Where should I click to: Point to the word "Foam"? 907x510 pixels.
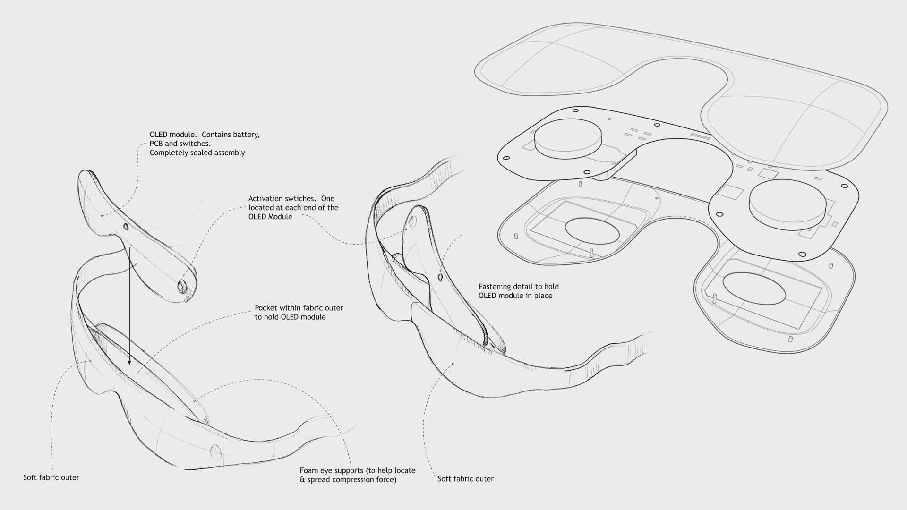pos(309,471)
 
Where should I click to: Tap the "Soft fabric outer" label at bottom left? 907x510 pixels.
pos(51,478)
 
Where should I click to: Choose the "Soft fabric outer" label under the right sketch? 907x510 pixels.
pos(465,479)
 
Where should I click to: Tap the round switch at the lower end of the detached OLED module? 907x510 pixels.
pos(182,286)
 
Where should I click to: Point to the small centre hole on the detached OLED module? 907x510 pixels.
pos(126,227)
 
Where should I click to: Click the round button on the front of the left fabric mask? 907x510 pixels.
pos(215,451)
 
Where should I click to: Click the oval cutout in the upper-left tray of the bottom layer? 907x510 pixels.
pos(592,231)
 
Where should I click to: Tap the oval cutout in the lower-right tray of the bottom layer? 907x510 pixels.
pos(754,288)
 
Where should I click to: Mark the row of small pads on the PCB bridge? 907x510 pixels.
pos(700,136)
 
